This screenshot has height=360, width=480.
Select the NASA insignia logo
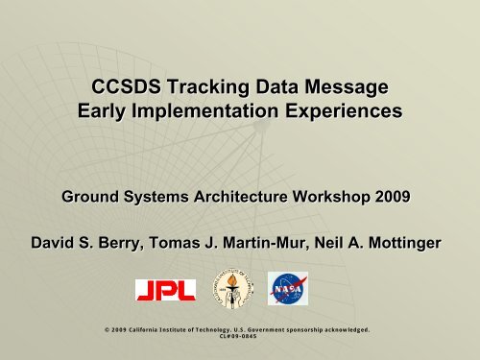tap(287, 289)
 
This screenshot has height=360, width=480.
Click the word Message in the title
tap(345, 89)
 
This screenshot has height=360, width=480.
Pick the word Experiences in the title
tap(341, 113)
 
